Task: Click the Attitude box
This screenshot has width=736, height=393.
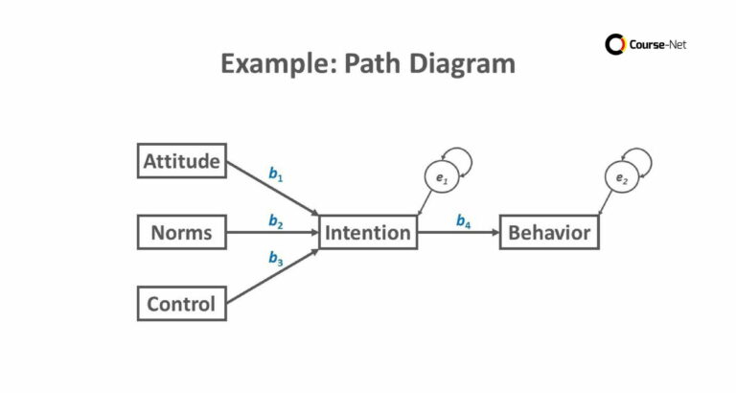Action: click(x=182, y=161)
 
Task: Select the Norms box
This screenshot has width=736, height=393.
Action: click(x=182, y=232)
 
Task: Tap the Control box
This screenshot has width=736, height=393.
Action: click(x=182, y=305)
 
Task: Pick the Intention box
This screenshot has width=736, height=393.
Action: click(x=368, y=232)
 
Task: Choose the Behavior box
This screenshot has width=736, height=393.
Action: click(x=549, y=232)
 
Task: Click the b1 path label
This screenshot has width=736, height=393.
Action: click(x=276, y=175)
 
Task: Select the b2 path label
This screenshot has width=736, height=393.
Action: click(x=276, y=222)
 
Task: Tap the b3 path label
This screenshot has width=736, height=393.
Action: click(x=276, y=258)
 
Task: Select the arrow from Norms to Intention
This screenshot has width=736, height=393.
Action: click(x=273, y=233)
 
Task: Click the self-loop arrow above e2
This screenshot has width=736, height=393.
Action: click(x=639, y=159)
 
